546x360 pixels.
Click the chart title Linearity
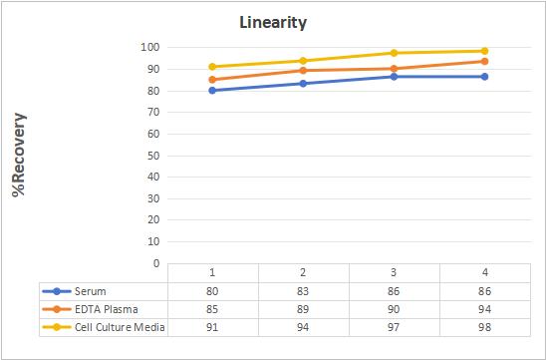coord(273,23)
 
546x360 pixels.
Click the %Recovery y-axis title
coord(19,155)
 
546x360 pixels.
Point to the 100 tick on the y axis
coord(150,47)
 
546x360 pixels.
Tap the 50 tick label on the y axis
coord(153,156)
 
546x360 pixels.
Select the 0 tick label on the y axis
coord(156,263)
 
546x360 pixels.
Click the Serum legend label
coord(91,291)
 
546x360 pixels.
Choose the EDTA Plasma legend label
coord(107,309)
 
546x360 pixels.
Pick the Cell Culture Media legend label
coord(120,327)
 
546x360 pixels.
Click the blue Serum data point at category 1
coord(212,91)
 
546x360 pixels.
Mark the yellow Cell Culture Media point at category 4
coord(484,51)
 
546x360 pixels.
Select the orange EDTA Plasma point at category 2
coord(303,71)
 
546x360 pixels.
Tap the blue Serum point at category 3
coord(394,77)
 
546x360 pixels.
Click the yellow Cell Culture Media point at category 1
coord(212,67)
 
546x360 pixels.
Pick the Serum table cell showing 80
coord(212,291)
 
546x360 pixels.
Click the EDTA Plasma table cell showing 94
coord(484,309)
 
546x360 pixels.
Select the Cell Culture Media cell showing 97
coord(394,327)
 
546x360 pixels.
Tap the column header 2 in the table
coord(303,272)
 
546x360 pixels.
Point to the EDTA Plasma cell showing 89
coord(303,309)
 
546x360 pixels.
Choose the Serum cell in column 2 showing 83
coord(303,291)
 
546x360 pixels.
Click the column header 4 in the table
coord(484,272)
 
